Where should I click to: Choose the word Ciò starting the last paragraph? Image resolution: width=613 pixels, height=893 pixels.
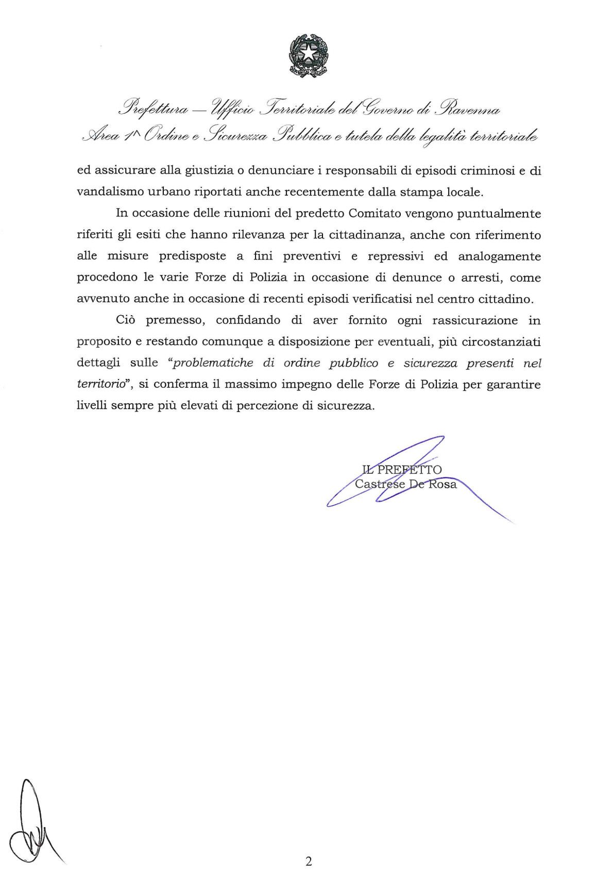[x=126, y=320]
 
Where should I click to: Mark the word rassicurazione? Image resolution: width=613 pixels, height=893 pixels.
[x=474, y=320]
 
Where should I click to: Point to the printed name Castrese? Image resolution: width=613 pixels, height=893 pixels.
[x=380, y=484]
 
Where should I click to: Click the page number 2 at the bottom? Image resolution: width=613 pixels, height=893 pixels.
[x=309, y=862]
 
